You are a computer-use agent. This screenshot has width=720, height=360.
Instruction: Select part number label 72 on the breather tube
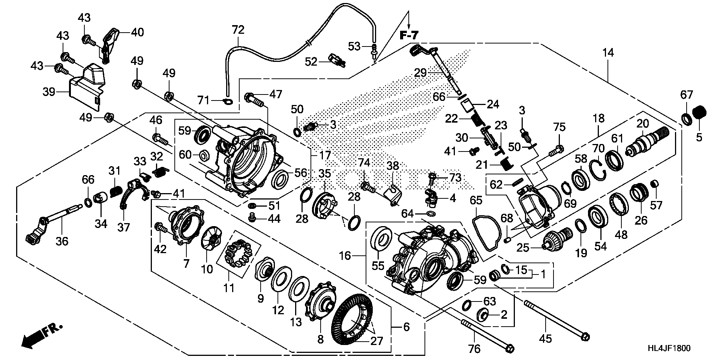(x=238, y=30)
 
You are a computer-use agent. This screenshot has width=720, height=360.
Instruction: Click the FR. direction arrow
(x=41, y=335)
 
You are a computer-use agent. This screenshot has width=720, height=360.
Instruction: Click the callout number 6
(x=406, y=327)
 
